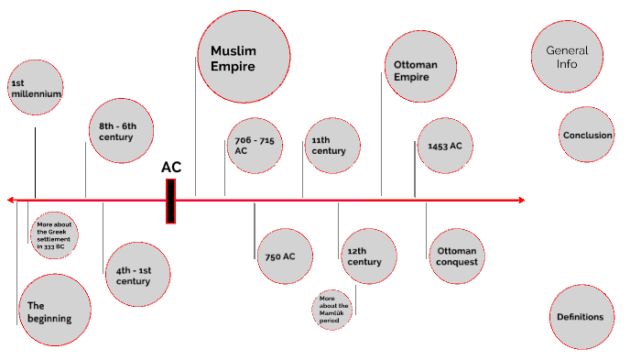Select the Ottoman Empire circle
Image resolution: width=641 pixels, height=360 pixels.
pos(420,71)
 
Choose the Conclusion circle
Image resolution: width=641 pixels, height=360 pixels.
pos(587,136)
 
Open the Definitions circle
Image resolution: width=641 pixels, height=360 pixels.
pos(581,317)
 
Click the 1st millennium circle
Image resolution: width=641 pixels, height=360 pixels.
pos(36,89)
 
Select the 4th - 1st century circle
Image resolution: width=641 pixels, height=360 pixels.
pos(137,275)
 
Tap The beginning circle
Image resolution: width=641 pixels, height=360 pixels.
pos(54,311)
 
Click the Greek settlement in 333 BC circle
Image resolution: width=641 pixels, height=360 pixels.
pos(54,235)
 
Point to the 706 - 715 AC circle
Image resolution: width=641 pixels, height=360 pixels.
pos(255,146)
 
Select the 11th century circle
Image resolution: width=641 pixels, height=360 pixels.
pos(332,146)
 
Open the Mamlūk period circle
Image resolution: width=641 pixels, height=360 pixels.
pos(332,310)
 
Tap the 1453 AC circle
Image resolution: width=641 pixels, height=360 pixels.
pos(445,146)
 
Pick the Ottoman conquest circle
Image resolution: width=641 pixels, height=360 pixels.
pos(458,256)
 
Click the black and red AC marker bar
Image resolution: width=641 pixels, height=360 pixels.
pos(170,201)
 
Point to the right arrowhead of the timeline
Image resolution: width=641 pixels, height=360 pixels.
pos(521,200)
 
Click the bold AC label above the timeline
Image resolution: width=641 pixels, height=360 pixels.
pos(171,167)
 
